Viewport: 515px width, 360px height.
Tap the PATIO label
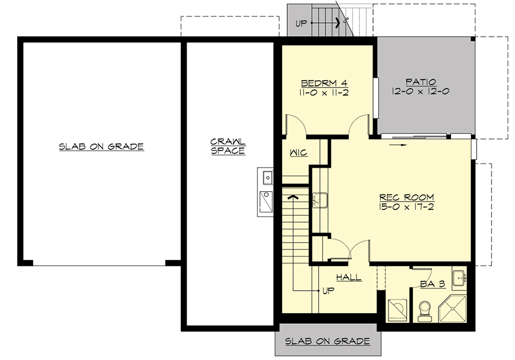(421, 81)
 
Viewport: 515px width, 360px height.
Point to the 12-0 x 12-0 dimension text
(421, 91)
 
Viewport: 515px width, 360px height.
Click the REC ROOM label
(406, 197)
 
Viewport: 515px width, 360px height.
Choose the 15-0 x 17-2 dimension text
(406, 207)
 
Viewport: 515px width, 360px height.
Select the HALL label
(348, 278)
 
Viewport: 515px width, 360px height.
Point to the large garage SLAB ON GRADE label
(101, 147)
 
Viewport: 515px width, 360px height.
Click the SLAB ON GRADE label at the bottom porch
(327, 342)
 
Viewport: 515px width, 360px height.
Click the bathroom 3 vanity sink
(459, 279)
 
